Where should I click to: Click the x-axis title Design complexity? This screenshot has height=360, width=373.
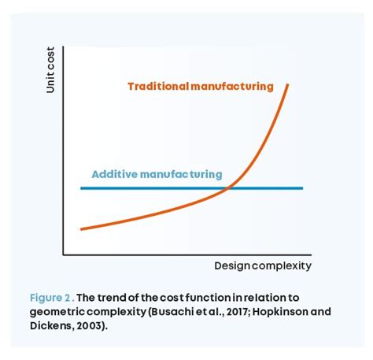[x=263, y=265]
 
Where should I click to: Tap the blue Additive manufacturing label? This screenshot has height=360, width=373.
[x=157, y=174]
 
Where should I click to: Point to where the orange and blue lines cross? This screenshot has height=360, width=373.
[x=228, y=188]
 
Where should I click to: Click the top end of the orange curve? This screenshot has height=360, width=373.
[x=288, y=84]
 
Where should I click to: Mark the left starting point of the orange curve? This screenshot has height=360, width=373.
[x=82, y=229]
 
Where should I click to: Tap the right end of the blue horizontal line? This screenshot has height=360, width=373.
[x=302, y=188]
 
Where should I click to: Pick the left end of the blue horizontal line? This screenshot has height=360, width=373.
[x=82, y=188]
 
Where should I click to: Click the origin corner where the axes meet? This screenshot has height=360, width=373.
[x=64, y=255]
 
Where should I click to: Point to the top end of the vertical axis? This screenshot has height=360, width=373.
[x=64, y=46]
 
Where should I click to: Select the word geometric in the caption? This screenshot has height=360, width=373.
[x=57, y=311]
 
